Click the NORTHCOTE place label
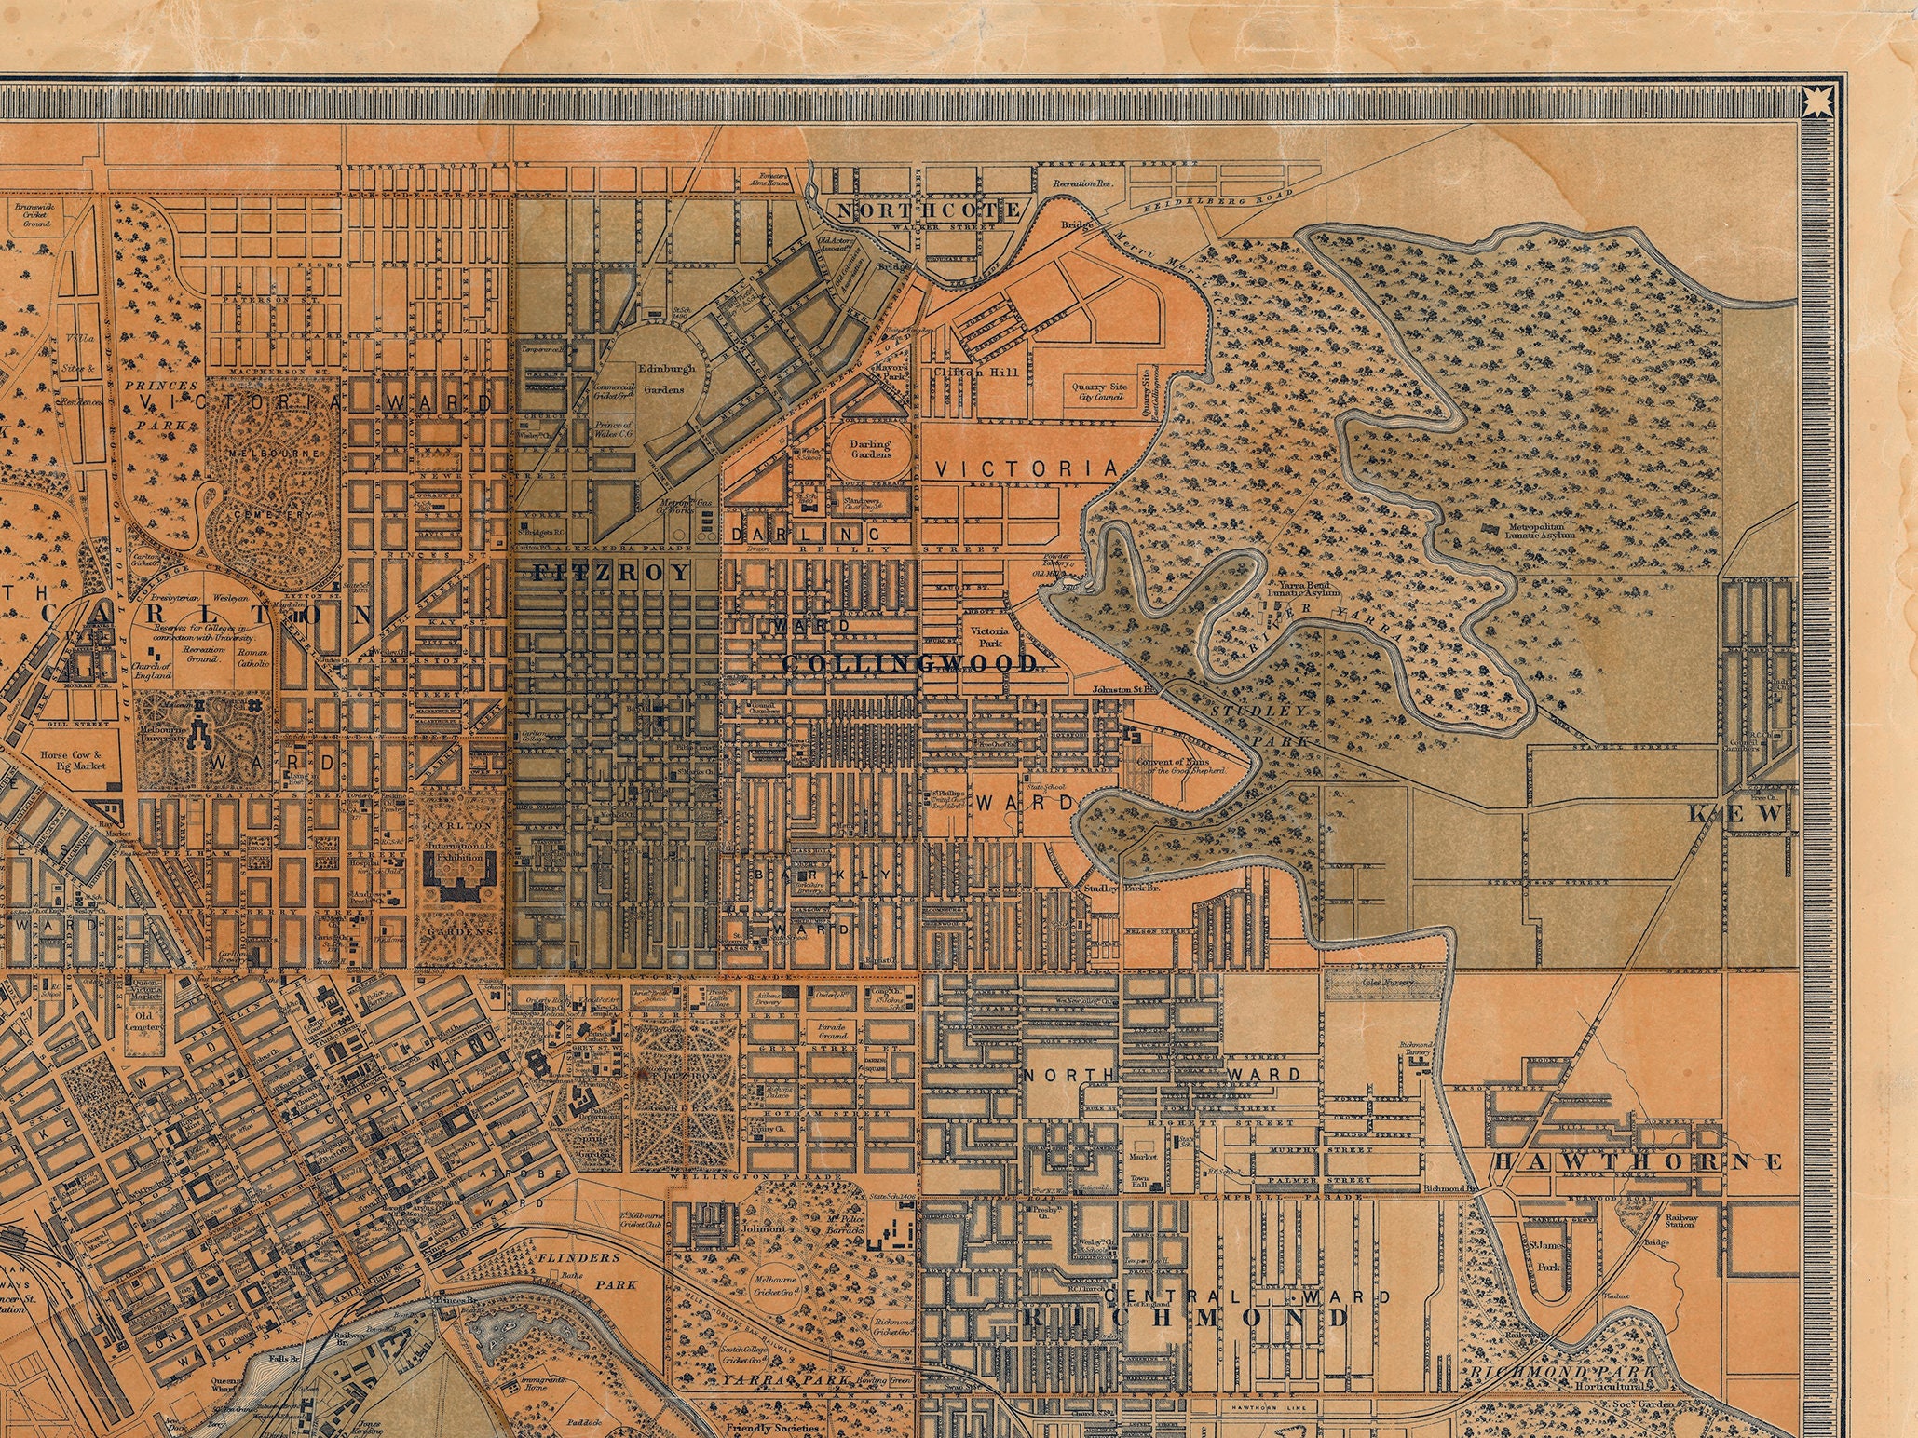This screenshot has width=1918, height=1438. click(929, 210)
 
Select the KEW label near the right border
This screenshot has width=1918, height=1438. click(1738, 814)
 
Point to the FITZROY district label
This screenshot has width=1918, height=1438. click(612, 573)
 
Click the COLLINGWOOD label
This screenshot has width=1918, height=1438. click(909, 663)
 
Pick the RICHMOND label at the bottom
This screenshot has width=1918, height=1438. click(1185, 1318)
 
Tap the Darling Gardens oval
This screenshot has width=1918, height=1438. click(869, 450)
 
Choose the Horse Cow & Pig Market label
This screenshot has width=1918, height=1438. click(73, 760)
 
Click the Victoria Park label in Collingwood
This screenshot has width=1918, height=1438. click(989, 637)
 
